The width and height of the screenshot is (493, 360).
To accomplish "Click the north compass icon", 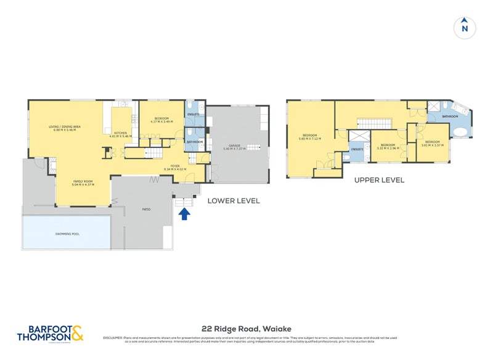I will tap(465, 28).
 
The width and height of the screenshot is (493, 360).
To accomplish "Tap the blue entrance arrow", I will tap(184, 214).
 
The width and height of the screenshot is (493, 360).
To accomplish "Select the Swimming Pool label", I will tap(67, 234).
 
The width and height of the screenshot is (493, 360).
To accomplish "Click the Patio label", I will tap(147, 210).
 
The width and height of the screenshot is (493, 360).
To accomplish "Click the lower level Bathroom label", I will tap(195, 142).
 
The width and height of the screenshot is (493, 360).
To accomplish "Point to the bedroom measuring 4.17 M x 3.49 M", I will tap(161, 121).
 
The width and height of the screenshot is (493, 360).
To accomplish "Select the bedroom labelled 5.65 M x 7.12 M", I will tap(309, 137).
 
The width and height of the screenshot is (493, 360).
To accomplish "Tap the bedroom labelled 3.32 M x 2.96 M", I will tap(388, 147).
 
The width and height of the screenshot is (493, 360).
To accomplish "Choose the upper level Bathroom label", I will tap(449, 116).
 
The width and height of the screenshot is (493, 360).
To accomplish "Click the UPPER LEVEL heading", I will tap(379, 180).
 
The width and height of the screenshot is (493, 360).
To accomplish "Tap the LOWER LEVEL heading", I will tap(234, 200).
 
